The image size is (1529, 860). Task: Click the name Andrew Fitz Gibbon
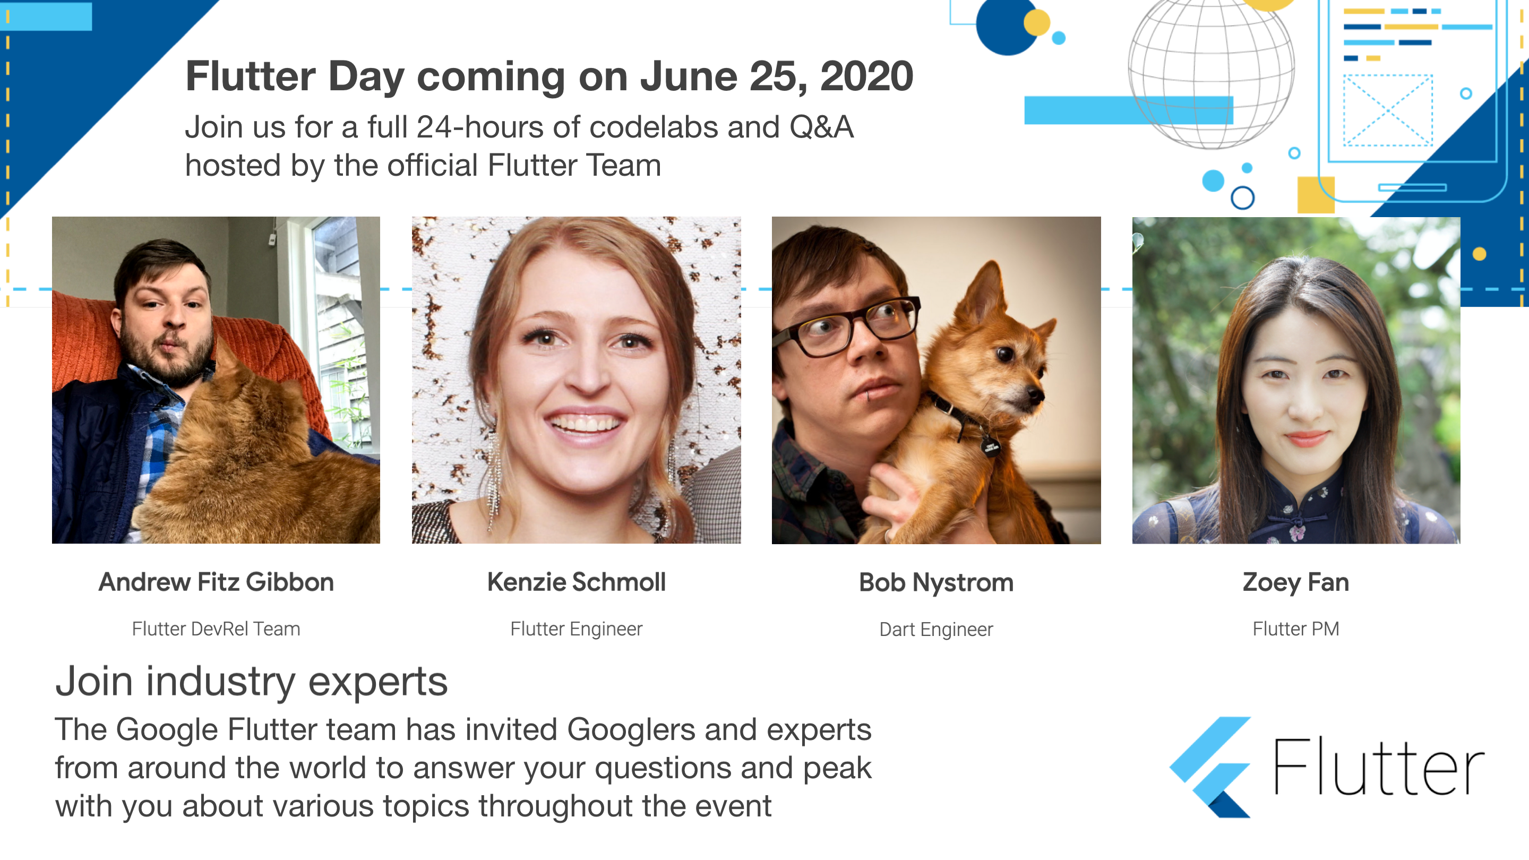point(216,582)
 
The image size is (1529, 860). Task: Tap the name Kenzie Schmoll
point(577,582)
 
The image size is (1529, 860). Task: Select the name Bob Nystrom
point(936,583)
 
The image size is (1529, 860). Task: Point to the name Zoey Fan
point(1296,583)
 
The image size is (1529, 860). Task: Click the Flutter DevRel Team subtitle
point(216,629)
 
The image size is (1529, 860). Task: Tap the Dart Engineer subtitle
point(936,629)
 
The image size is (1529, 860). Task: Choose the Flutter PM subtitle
point(1296,629)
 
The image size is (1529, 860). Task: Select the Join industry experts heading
point(252,682)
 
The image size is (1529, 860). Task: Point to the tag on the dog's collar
point(990,446)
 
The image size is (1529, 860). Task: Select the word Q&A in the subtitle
point(821,127)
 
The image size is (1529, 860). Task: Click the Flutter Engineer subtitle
point(577,629)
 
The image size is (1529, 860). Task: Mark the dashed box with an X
point(1388,110)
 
